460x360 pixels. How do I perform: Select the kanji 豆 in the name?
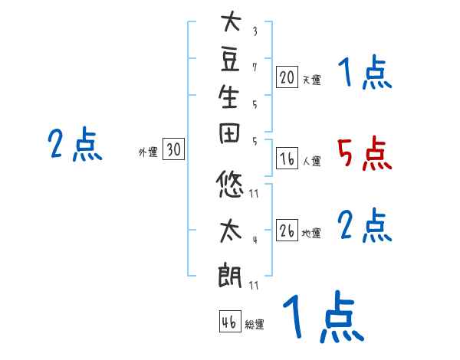[230, 64]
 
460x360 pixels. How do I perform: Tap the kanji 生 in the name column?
[230, 104]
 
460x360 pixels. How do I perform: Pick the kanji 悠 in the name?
[230, 185]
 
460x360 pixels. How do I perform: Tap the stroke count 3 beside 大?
[254, 33]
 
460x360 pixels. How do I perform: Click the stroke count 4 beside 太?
[254, 240]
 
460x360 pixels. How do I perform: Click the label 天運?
[311, 79]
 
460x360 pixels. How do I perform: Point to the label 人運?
[311, 162]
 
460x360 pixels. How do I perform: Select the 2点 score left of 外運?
[75, 145]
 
